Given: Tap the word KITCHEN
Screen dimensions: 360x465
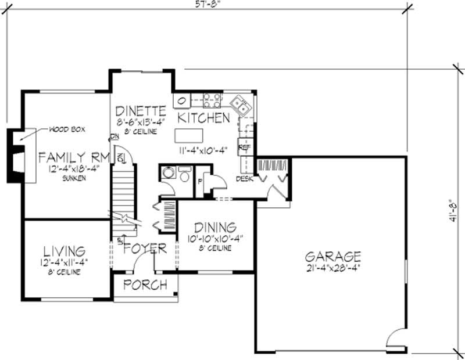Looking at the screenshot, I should [203, 118].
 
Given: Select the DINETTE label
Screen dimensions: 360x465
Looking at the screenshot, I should [141, 110].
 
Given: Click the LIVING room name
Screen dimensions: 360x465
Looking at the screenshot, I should [65, 251].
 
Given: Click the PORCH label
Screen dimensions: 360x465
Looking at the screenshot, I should [146, 285].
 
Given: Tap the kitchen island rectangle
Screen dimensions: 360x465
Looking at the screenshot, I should [189, 135].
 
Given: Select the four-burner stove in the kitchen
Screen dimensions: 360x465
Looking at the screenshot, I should [212, 100].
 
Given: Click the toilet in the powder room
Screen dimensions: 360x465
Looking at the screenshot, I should [185, 175].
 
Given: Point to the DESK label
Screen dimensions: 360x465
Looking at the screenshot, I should [244, 179].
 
